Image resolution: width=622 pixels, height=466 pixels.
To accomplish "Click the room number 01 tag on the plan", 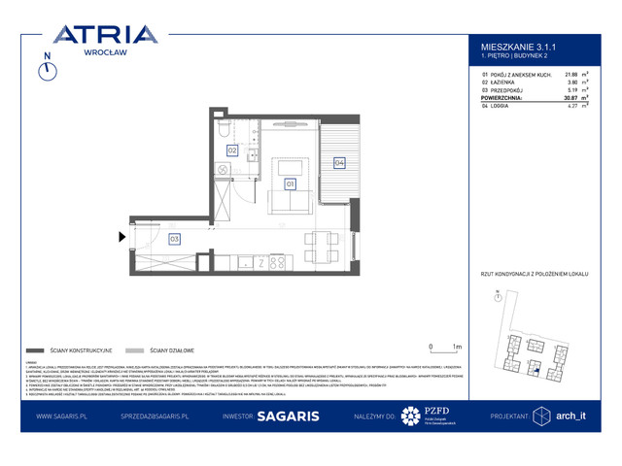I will pos(290,183).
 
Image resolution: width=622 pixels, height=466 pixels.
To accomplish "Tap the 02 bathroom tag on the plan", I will pos(232,150).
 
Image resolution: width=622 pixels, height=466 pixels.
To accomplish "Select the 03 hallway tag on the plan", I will pos(175,237).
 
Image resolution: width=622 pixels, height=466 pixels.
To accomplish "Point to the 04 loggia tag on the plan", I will pos(340,162).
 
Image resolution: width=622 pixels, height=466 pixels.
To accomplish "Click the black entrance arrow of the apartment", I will pos(121,236).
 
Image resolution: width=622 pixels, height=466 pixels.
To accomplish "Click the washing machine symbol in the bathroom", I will pos(224,169).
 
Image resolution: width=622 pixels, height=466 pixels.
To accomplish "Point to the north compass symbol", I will pos(45,69).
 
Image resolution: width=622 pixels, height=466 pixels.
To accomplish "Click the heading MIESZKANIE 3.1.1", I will pos(518,45).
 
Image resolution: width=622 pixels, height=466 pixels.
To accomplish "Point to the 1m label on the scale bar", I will pos(457,346).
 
